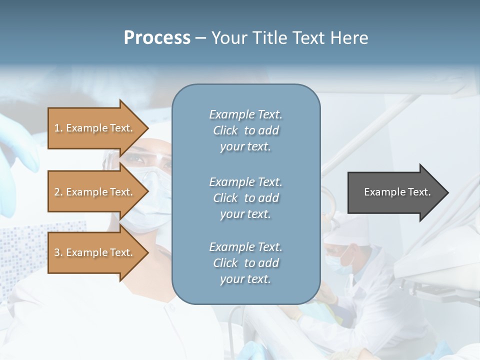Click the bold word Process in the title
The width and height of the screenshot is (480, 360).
[157, 38]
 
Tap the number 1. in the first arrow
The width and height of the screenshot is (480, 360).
[58, 128]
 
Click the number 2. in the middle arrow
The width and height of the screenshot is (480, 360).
[58, 192]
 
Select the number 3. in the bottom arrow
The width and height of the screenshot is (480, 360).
[58, 252]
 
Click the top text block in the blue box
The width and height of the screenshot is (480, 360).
[245, 130]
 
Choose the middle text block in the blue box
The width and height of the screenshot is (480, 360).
[245, 198]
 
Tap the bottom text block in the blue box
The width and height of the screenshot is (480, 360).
[245, 263]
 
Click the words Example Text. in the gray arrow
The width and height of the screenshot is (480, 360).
[397, 192]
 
